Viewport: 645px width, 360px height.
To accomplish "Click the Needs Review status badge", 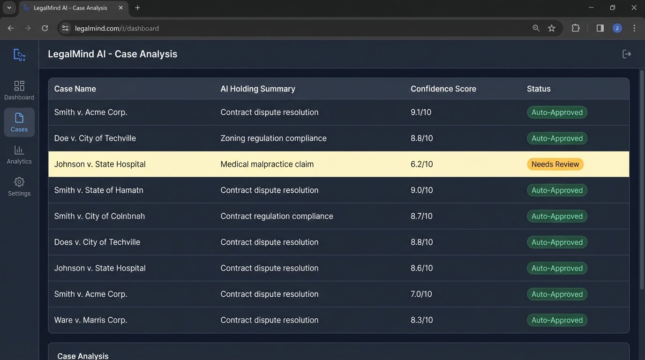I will coord(555,164).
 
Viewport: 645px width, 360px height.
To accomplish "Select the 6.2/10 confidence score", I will coord(421,164).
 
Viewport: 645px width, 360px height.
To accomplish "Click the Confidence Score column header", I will coord(443,89).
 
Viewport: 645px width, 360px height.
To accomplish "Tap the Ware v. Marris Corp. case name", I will coord(90,320).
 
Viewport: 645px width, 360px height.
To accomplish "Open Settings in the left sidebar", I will coord(19,187).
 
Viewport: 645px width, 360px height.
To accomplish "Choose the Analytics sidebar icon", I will coord(19,155).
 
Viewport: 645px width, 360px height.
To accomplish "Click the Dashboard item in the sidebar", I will coord(19,90).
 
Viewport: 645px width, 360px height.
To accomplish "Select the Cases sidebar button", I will coord(19,122).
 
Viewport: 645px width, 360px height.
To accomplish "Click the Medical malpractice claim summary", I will coord(267,164).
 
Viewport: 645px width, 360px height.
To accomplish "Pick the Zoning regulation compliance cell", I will coord(273,138).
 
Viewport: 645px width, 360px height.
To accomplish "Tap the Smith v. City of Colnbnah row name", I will coord(99,216).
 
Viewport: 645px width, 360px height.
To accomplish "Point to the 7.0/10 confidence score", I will coord(421,294).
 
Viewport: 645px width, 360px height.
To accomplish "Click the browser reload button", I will coord(45,28).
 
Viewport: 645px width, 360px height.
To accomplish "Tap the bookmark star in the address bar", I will coord(552,28).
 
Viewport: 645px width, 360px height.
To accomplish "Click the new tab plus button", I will coord(137,8).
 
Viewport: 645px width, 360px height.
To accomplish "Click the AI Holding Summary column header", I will coord(258,89).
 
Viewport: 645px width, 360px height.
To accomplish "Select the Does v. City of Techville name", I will coord(97,242).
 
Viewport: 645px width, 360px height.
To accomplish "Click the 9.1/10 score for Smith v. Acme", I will coord(421,112).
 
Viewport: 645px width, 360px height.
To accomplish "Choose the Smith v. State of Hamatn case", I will coord(98,190).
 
